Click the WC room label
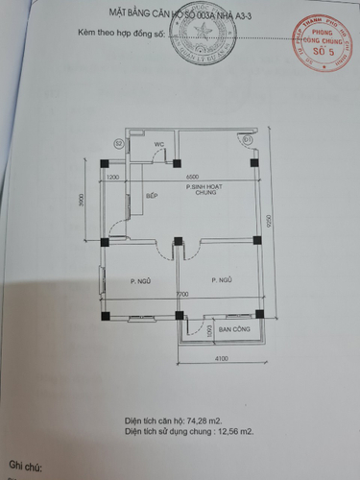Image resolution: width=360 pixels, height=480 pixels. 161,145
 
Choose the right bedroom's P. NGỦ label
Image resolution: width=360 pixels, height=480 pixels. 221,279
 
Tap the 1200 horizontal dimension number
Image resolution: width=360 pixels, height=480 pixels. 113,179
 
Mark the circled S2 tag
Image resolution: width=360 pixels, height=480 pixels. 118,143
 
